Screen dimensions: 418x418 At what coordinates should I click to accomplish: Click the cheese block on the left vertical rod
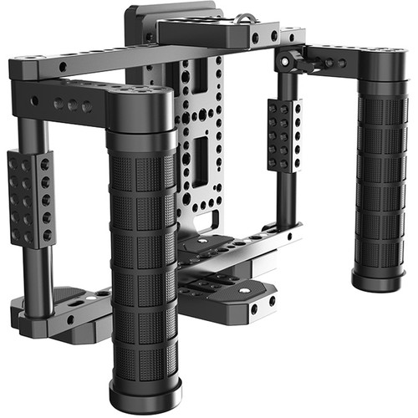click(30, 196)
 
